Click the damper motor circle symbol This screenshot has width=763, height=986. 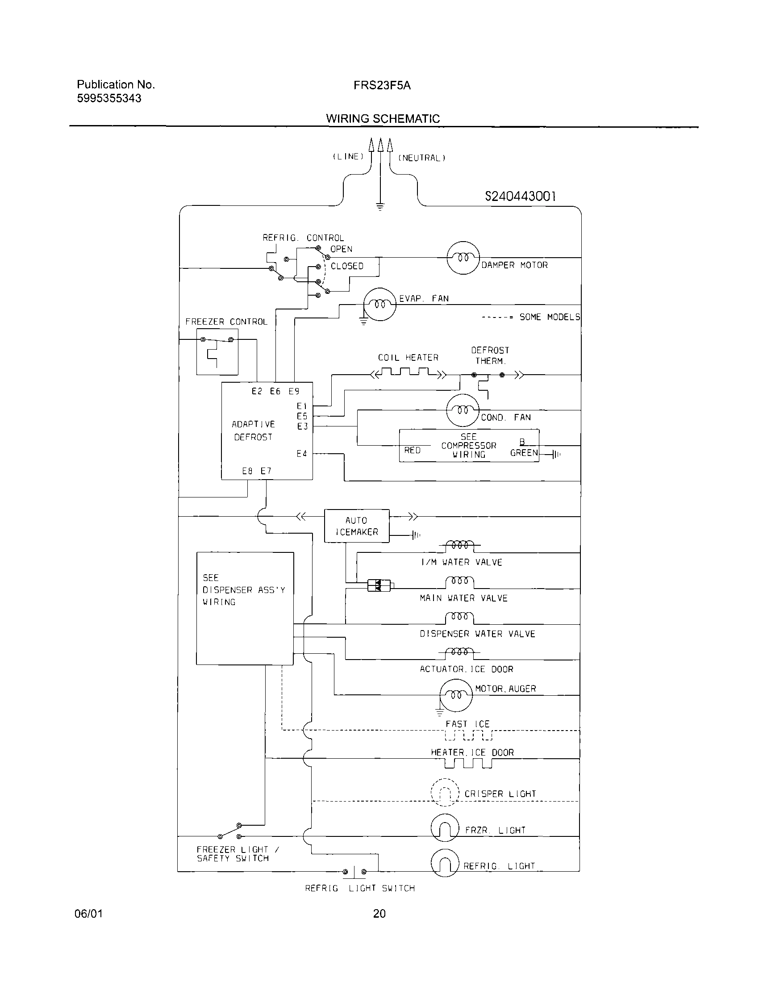click(x=463, y=257)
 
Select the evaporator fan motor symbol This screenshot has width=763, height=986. click(x=379, y=304)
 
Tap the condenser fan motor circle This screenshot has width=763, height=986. click(x=463, y=410)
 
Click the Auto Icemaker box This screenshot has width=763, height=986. click(x=357, y=526)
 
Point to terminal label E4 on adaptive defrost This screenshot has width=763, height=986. click(x=302, y=454)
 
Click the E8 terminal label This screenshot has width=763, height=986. click(x=247, y=471)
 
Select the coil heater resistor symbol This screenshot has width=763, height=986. click(x=408, y=373)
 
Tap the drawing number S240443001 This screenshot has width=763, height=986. click(x=520, y=196)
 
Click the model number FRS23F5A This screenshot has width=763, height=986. click(x=382, y=85)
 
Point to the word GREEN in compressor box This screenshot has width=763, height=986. click(x=524, y=453)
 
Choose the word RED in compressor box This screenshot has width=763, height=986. click(x=412, y=450)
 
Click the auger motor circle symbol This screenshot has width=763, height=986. click(x=456, y=695)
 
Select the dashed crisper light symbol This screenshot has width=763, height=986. click(x=445, y=793)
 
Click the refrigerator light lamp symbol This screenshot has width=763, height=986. click(x=445, y=863)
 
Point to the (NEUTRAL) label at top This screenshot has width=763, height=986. click(x=422, y=158)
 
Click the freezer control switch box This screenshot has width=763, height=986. click(x=217, y=352)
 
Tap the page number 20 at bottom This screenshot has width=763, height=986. click(x=379, y=914)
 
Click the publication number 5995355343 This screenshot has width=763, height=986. click(x=109, y=98)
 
